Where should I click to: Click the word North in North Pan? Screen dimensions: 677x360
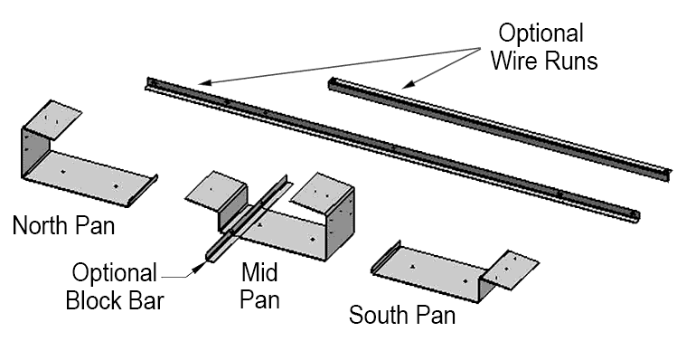coord(41,225)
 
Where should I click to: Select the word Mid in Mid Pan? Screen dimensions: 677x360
coord(259,272)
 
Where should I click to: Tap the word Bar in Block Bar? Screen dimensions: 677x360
coord(146,301)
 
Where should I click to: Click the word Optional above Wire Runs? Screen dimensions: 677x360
coord(541,33)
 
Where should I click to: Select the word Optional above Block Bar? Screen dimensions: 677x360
coord(115,273)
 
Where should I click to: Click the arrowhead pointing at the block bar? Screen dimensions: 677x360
coord(199,267)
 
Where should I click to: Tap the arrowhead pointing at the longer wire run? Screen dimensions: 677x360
coord(205,82)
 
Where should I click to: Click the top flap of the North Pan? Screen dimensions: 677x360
coord(52,119)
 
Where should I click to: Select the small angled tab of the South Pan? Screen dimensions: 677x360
coord(511,270)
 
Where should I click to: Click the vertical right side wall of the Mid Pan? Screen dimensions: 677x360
coord(340,223)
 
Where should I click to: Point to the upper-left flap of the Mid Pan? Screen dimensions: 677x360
coord(215,191)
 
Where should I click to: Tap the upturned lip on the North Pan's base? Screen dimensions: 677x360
coord(143,191)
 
